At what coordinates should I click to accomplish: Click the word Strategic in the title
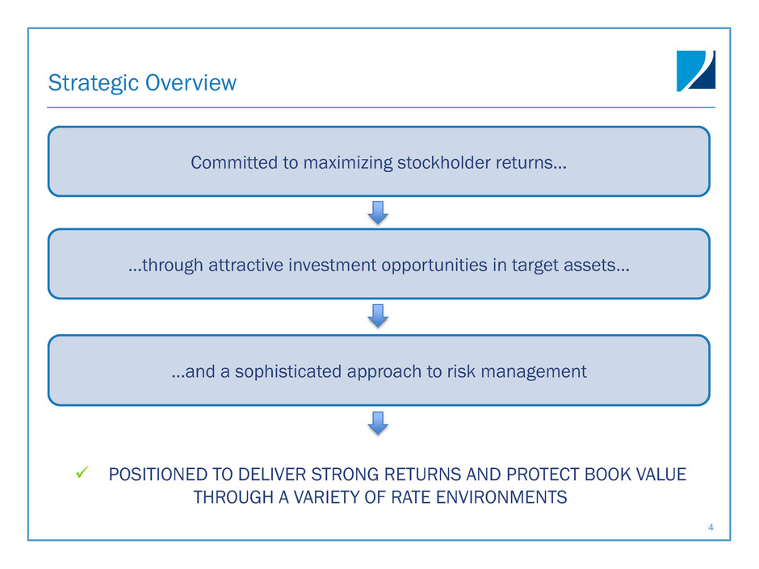click(x=94, y=83)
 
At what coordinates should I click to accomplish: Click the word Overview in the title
click(x=191, y=82)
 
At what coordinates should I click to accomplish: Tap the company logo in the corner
click(x=695, y=71)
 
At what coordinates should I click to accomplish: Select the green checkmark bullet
click(x=82, y=472)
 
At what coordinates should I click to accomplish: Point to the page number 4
click(x=711, y=527)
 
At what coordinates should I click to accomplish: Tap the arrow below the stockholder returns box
click(x=378, y=213)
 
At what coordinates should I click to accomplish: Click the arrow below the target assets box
click(x=378, y=316)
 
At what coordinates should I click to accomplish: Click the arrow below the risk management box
click(x=378, y=423)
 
